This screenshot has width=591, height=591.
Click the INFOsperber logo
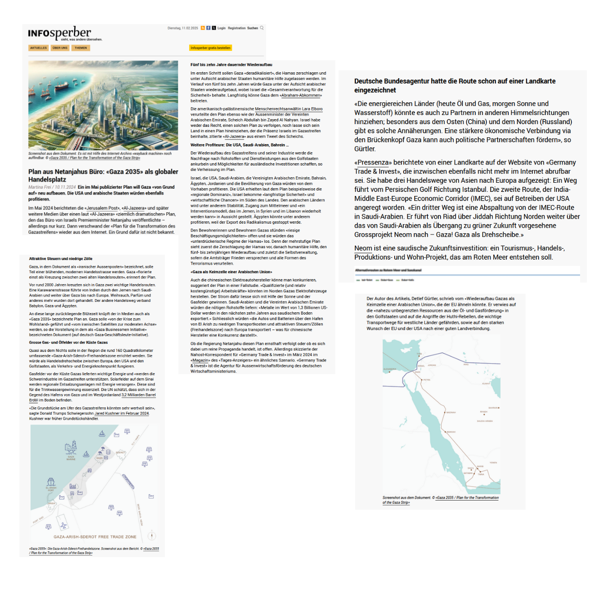60,33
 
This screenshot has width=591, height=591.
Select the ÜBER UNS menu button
60,48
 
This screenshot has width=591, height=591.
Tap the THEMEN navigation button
81,48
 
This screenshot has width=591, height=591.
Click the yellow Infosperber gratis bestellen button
210,48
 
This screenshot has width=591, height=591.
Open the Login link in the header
221,28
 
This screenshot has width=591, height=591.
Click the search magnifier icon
262,28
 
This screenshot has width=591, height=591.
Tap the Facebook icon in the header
208,28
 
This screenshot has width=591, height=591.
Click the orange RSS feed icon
203,28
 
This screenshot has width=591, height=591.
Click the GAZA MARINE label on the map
71,458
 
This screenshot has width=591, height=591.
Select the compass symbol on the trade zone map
152,536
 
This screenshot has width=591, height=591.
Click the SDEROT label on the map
120,453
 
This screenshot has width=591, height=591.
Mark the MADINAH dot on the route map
445,412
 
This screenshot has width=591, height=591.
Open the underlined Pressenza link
373,162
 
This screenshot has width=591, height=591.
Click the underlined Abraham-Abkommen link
302,95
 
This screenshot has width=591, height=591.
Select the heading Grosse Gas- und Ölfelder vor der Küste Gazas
68,342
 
